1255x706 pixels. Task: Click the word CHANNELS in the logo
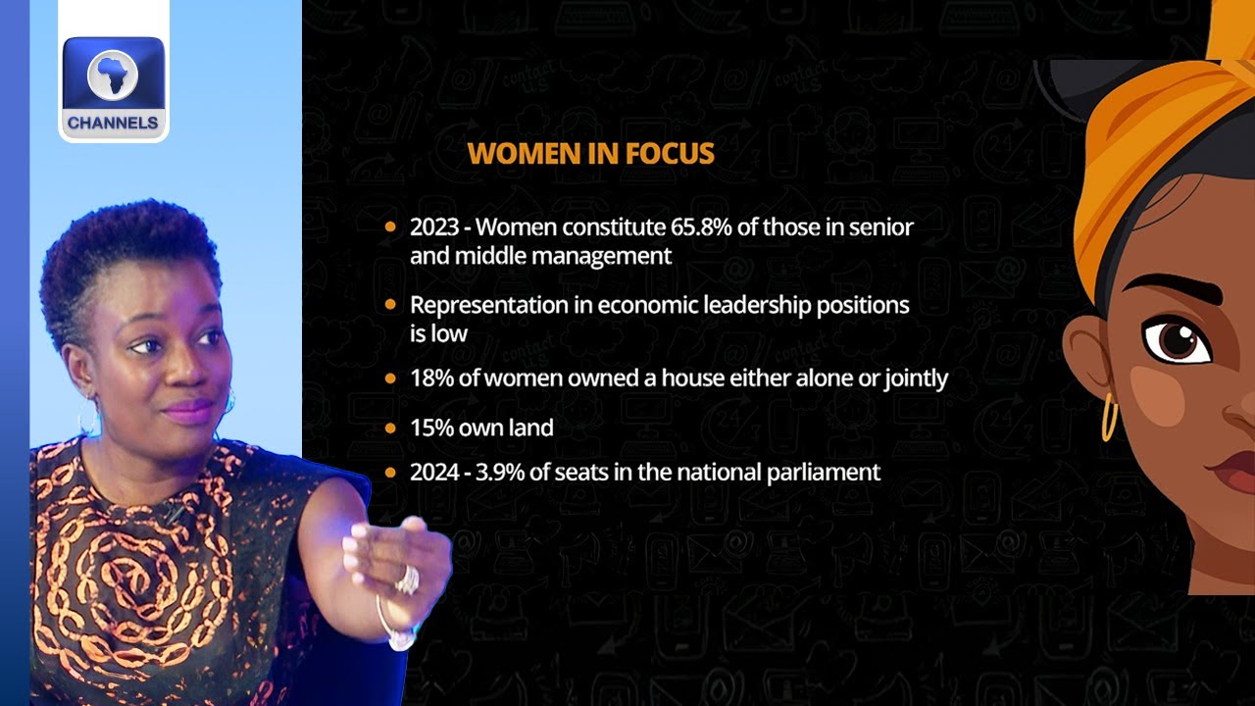(113, 123)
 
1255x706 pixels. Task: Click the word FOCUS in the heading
(670, 153)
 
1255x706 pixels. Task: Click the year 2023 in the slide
(434, 227)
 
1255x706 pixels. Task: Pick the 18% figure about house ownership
(431, 378)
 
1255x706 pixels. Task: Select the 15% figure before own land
(431, 428)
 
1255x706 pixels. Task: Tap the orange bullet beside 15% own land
(390, 429)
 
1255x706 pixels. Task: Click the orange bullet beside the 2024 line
(390, 473)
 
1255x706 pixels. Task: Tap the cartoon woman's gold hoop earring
(1109, 417)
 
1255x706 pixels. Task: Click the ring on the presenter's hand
(408, 580)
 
